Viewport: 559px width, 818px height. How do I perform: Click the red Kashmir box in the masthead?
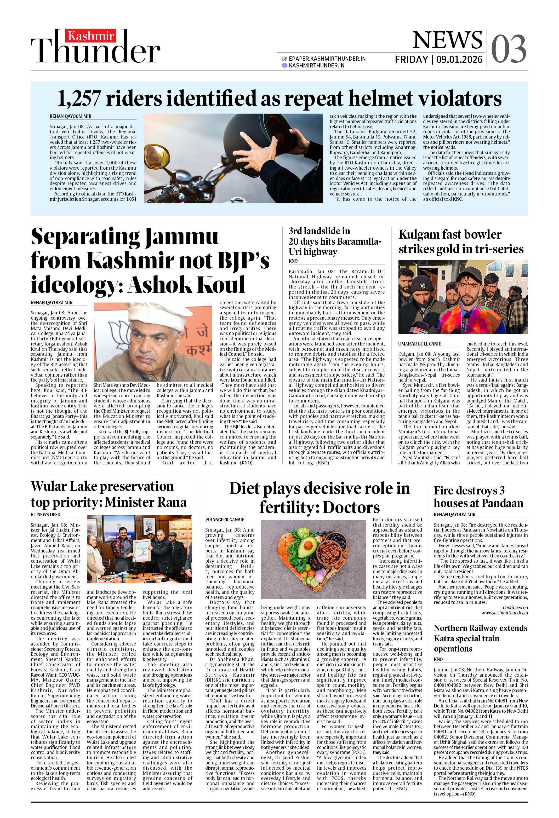90,36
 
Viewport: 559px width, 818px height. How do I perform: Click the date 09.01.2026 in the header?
459,60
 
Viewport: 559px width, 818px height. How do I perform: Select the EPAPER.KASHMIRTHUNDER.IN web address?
327,59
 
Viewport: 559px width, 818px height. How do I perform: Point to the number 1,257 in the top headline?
79,98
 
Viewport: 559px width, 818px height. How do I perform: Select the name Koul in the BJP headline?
221,284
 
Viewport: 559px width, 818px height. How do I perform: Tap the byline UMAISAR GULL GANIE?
420,344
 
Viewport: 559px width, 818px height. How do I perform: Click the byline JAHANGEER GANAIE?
224,520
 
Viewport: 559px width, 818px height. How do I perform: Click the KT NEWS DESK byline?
45,515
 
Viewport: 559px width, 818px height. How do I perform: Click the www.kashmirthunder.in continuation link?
504,613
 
